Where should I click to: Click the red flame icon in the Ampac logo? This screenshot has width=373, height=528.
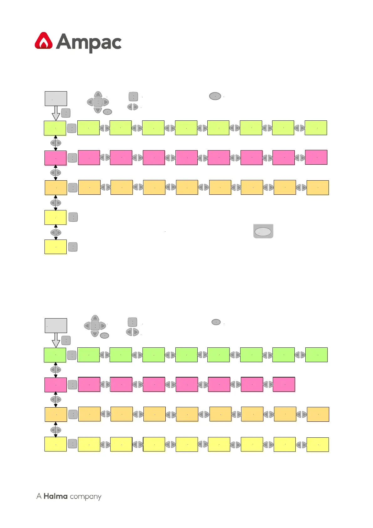click(x=44, y=41)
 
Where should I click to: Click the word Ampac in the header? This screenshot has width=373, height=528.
click(x=89, y=42)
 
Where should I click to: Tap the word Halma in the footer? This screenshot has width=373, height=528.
click(x=55, y=496)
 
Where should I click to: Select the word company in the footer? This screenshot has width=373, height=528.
click(x=85, y=497)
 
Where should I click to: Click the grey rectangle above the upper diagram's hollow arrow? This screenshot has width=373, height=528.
click(x=56, y=98)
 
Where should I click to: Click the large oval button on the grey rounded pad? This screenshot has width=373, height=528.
click(x=263, y=231)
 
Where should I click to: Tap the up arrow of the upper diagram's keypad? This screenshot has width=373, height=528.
click(x=98, y=94)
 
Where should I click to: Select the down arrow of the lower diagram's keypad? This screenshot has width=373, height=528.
click(x=95, y=334)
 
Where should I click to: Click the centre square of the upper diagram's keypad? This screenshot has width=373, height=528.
click(x=98, y=102)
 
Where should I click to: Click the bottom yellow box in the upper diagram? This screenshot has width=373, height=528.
click(x=55, y=247)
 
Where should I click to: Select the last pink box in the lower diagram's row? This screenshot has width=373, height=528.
click(x=284, y=384)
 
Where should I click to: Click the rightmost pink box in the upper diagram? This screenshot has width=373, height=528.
click(x=316, y=157)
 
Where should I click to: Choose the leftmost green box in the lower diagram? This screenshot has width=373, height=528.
click(x=55, y=355)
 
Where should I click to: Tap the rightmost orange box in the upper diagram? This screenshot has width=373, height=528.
click(x=318, y=187)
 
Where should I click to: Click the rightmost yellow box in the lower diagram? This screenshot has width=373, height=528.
click(x=318, y=445)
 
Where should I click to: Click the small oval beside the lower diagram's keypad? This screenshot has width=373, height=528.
click(x=104, y=335)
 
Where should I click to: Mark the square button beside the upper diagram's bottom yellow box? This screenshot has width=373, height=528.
click(x=73, y=247)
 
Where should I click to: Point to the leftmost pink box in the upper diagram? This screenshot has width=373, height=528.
click(x=55, y=158)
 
